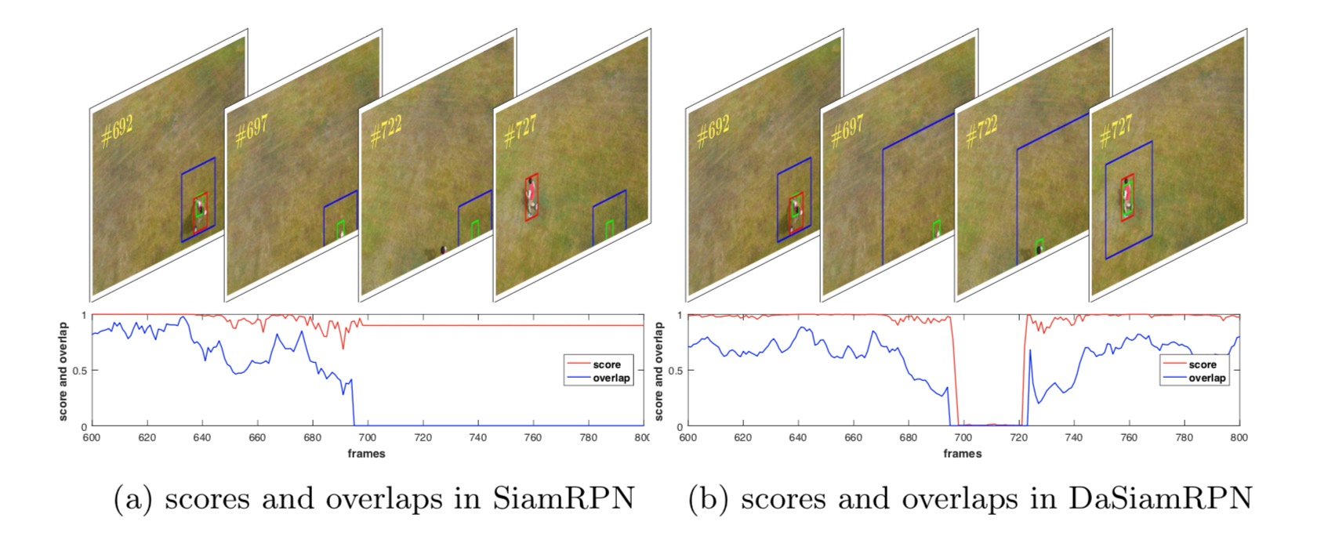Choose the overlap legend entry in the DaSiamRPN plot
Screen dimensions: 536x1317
1206,378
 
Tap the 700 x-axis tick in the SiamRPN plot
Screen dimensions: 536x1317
367,438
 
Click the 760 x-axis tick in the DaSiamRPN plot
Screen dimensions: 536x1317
1129,438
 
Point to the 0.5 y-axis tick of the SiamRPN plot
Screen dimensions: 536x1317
81,371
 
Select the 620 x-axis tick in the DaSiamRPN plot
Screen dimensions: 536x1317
742,438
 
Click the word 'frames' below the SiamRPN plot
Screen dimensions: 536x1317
366,453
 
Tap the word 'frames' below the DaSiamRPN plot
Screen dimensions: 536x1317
962,453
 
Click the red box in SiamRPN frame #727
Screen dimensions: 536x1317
532,197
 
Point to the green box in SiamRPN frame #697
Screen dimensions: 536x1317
340,229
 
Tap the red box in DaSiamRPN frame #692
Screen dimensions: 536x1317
796,212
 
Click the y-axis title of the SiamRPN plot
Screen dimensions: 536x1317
63,371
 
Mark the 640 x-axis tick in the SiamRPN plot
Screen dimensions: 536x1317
201,438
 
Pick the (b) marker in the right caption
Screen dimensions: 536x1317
709,499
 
